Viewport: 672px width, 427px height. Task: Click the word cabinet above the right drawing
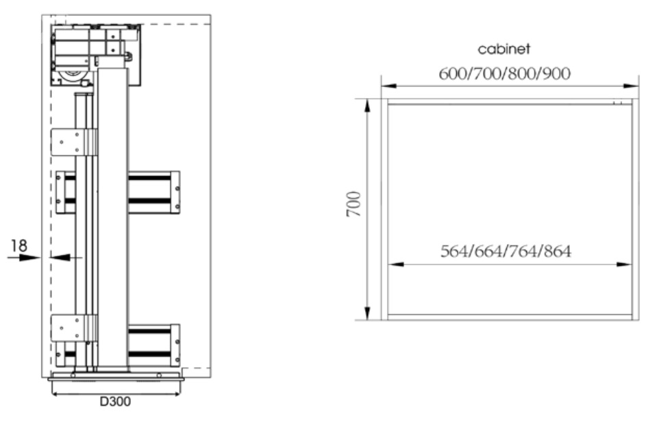(503, 49)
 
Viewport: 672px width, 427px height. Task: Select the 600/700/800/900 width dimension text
(504, 74)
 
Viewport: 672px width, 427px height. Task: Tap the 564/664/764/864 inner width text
(506, 251)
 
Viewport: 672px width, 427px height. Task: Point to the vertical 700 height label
(353, 204)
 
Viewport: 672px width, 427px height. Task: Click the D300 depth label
(115, 402)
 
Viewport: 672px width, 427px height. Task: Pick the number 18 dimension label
(19, 245)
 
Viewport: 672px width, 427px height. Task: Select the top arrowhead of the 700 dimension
(367, 106)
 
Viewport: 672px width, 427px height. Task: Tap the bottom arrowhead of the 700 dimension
(367, 313)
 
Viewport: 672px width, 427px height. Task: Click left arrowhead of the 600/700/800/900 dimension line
(388, 86)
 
